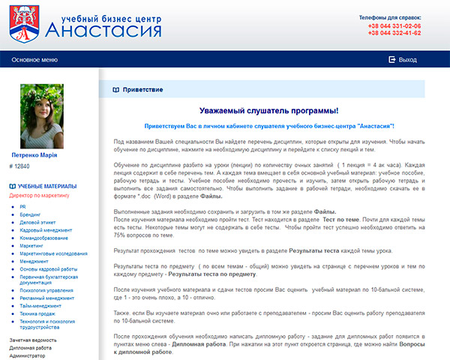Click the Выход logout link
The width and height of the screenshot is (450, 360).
point(407,58)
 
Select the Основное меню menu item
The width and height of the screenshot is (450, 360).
point(34,58)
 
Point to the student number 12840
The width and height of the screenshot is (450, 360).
point(22,165)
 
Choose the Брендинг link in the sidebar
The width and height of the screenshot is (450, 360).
point(31,214)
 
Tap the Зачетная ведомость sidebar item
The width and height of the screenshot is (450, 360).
point(33,340)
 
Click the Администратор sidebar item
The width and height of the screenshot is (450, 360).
point(28,356)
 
